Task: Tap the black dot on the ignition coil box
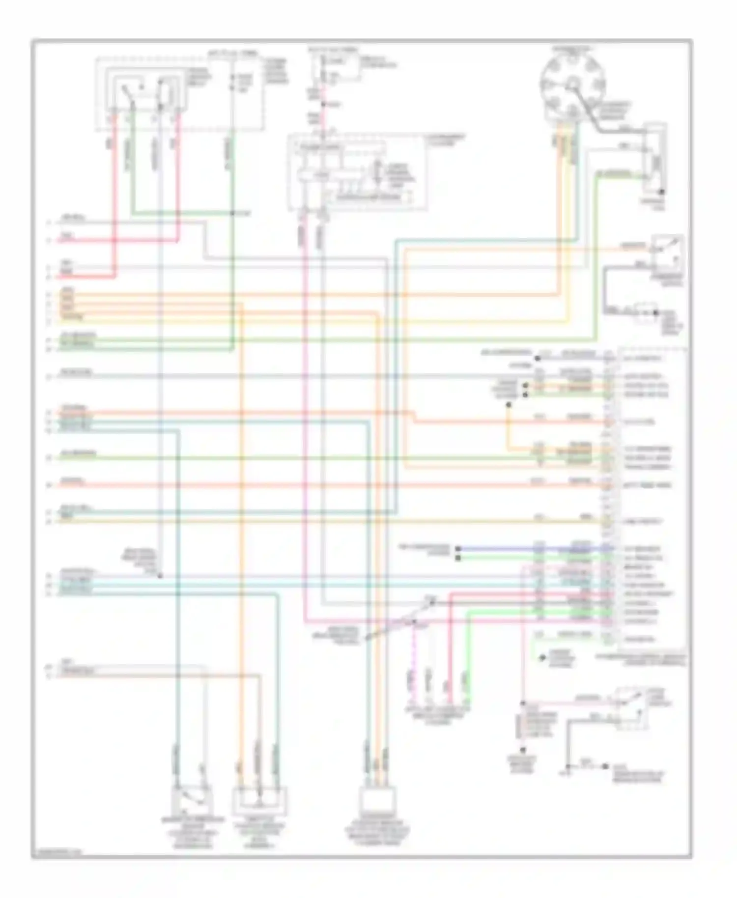tap(662, 192)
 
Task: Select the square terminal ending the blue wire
tap(458, 549)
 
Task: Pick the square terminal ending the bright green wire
tap(458, 558)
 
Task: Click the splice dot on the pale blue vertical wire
tap(160, 575)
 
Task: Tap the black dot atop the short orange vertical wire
tap(509, 405)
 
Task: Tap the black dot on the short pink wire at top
tap(323, 104)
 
